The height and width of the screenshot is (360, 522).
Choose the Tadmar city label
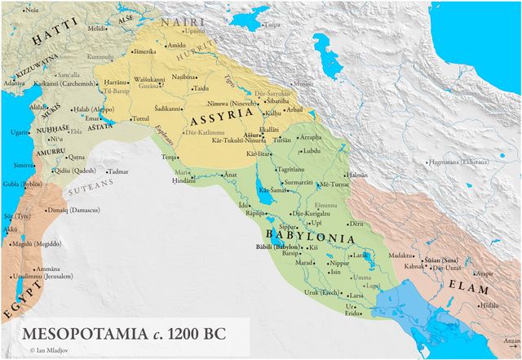[117, 171]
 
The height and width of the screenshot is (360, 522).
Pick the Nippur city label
[340, 263]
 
